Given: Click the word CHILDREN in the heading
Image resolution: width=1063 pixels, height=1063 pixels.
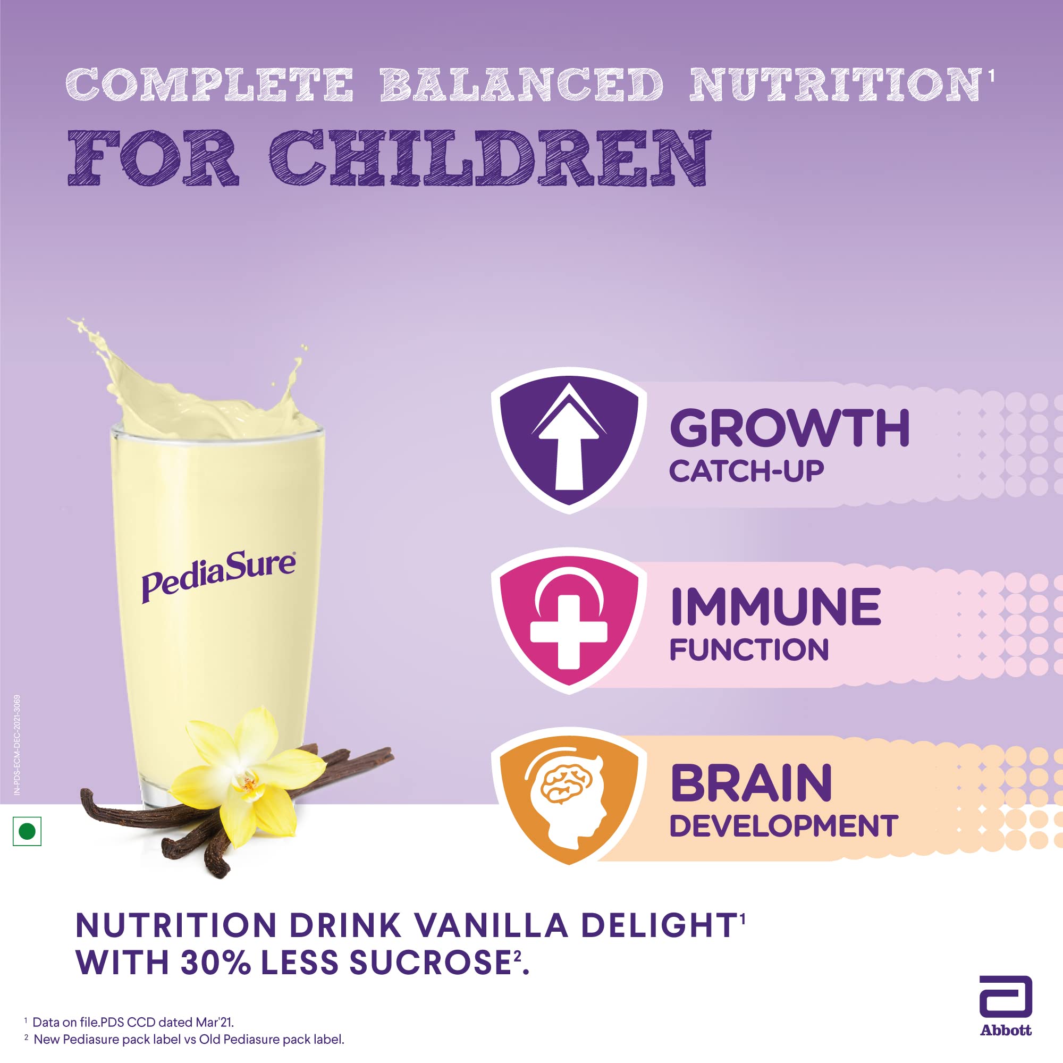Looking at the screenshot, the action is tap(490, 158).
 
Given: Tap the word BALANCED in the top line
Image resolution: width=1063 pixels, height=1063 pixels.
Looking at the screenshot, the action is tap(521, 85).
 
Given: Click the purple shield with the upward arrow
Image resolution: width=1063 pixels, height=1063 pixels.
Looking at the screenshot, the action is tap(568, 440).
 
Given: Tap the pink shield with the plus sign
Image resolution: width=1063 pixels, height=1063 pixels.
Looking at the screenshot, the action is tap(568, 620).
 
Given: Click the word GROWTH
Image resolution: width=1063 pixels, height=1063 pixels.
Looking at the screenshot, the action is tap(790, 428).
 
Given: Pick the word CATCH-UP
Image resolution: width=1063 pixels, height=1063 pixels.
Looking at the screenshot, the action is tap(747, 471).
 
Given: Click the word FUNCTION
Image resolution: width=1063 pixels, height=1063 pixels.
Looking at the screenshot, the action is tap(749, 649).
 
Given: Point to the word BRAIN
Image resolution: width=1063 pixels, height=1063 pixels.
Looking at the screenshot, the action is tap(751, 783).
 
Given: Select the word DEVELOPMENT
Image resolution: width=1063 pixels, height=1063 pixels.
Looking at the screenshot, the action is tap(784, 826).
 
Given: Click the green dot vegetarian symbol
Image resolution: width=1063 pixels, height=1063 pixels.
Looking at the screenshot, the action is tap(27, 831).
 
